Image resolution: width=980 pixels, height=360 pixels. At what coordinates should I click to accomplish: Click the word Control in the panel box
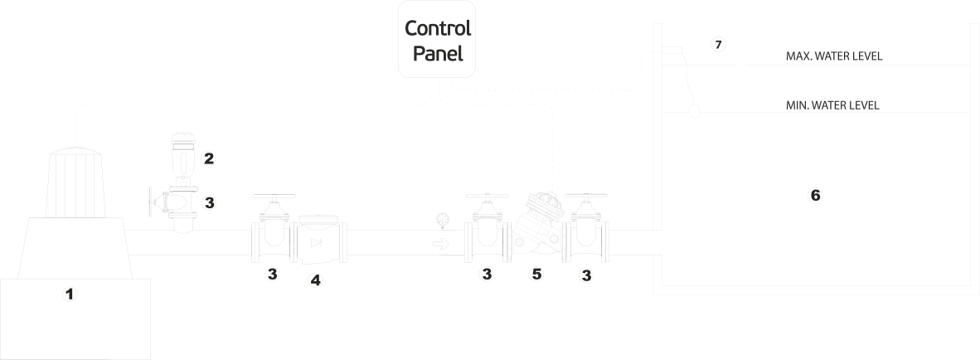pyautogui.click(x=438, y=27)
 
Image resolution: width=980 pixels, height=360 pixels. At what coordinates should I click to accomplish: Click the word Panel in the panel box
pyautogui.click(x=438, y=55)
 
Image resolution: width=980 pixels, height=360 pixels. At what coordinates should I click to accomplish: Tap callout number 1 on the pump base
pyautogui.click(x=70, y=293)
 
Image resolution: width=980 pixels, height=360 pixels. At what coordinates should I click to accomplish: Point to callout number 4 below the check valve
pyautogui.click(x=315, y=280)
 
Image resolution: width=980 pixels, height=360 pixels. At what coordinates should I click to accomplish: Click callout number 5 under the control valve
pyautogui.click(x=537, y=274)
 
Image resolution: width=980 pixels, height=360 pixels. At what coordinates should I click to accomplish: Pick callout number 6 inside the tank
pyautogui.click(x=815, y=195)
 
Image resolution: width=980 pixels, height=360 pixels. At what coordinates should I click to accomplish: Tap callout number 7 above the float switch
pyautogui.click(x=718, y=42)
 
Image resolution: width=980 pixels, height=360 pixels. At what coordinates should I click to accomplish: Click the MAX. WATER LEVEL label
pyautogui.click(x=833, y=57)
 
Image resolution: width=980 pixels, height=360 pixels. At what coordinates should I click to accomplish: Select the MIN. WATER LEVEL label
pyautogui.click(x=832, y=105)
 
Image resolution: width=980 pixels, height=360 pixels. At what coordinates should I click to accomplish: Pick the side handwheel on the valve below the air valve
pyautogui.click(x=150, y=202)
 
